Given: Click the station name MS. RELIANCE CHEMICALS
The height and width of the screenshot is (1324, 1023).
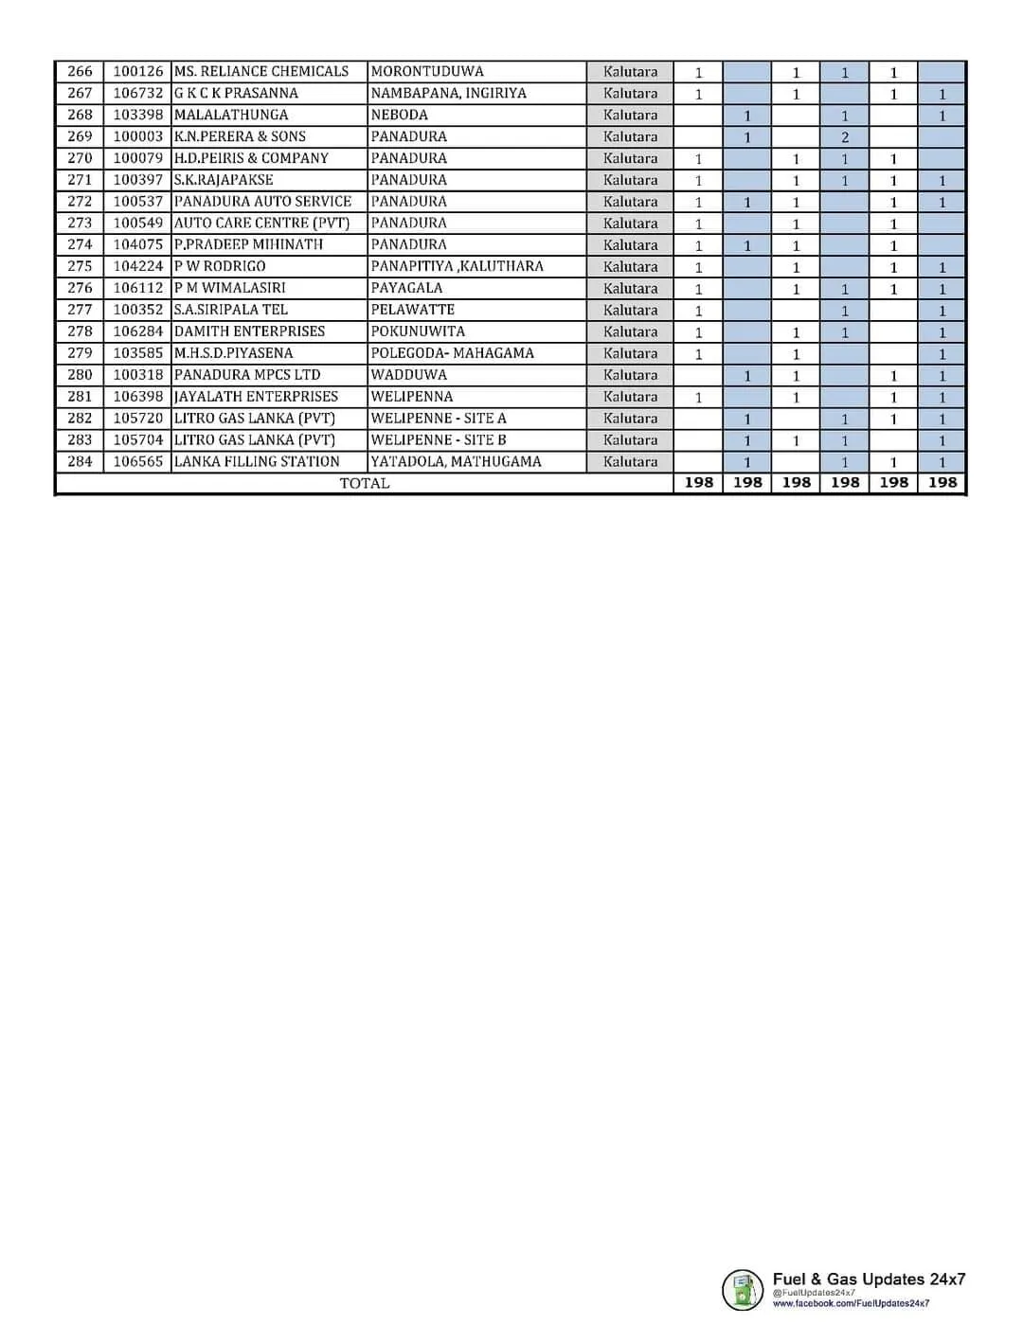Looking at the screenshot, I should point(261,72).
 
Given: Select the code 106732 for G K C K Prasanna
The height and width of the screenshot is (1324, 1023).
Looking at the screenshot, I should point(138,94).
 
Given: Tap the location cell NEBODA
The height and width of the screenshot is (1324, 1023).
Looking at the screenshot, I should point(400,116).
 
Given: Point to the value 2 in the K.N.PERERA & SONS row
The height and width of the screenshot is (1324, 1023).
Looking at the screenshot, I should point(845,137).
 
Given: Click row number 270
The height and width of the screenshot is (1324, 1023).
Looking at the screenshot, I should point(81,158).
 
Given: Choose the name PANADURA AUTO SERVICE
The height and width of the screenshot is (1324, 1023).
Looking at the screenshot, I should point(262,202).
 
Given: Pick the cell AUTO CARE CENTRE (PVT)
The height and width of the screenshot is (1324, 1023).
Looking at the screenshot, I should point(261,224).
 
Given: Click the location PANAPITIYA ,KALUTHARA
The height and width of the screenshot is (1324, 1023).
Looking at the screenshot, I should point(457,266).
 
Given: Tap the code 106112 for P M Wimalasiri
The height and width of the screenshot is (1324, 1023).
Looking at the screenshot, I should point(138,288).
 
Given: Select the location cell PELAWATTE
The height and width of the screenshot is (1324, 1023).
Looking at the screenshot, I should point(413,310).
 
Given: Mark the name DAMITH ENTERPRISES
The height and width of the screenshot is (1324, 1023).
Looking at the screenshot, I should point(249,331).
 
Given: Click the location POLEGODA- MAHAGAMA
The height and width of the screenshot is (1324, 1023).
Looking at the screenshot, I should point(452,353).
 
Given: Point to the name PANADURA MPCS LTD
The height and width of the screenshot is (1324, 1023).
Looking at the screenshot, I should point(247,375).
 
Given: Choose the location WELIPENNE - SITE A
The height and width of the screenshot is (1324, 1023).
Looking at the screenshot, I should point(439,419).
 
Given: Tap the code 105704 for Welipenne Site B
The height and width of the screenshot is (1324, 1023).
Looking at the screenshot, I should point(138,440).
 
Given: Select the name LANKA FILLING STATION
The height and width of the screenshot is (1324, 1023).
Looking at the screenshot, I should point(257,462).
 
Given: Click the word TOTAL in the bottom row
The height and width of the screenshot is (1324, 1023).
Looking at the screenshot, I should point(365,483).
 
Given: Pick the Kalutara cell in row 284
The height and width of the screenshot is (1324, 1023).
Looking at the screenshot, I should point(630,462).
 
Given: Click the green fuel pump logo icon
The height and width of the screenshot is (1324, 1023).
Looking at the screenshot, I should point(742,1289).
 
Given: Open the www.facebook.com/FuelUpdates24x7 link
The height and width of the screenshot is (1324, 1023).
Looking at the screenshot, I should point(851,1304).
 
